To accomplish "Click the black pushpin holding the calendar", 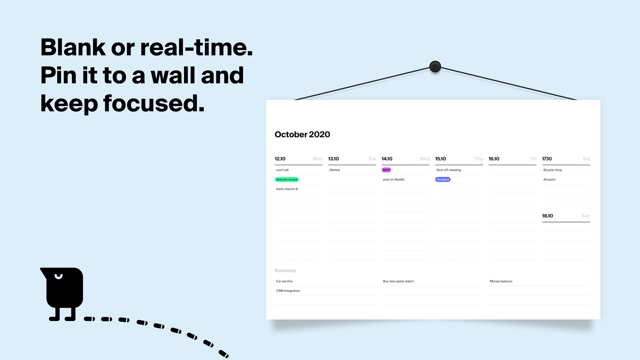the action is (435, 67).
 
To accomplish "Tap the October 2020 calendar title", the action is (302, 134).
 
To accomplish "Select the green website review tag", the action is (287, 179).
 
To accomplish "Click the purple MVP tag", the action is (386, 170).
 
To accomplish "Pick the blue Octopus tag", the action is (443, 179).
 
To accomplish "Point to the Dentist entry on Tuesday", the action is (335, 170).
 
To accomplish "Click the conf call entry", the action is (282, 170).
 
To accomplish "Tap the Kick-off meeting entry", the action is (449, 170).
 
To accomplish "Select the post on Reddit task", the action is (394, 179).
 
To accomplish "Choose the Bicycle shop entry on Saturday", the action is (553, 170).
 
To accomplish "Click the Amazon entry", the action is (549, 179).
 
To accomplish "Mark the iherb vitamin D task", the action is (287, 189).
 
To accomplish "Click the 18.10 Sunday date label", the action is (547, 216).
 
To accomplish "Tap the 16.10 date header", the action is (494, 159).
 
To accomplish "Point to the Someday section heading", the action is (285, 270).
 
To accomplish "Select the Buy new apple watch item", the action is (398, 281).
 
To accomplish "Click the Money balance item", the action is (501, 281).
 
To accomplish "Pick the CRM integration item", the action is (288, 291).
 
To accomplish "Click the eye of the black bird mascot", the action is (59, 277).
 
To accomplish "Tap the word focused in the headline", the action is (154, 103).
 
